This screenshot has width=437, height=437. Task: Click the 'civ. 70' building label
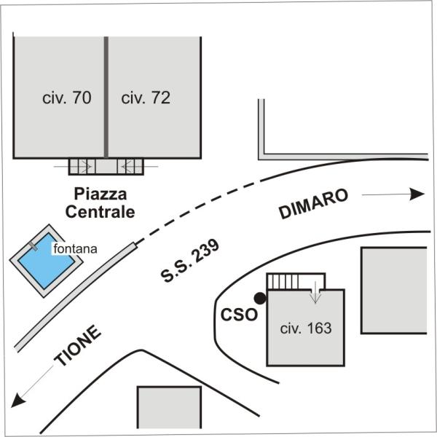67,98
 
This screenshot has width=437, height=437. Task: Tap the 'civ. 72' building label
146,98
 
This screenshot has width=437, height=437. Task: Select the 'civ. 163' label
306,328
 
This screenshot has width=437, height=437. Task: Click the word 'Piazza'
101,194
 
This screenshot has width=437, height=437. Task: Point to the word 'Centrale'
100,212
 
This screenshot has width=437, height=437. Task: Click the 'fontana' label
75,249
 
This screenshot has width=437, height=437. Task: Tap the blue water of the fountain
46,262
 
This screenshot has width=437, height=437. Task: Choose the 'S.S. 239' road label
190,261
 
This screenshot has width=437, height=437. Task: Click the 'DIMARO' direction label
313,204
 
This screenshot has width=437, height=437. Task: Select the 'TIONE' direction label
77,345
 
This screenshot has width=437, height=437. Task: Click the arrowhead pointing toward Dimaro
417,194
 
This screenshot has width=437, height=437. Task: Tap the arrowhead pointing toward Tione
17,400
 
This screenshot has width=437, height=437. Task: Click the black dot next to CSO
260,298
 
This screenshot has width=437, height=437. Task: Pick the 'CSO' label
239,315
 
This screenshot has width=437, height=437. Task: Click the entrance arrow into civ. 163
315,293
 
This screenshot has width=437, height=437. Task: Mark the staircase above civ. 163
283,282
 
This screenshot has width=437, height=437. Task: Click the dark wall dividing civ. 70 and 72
106,97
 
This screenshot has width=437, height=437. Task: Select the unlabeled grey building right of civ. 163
394,290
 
